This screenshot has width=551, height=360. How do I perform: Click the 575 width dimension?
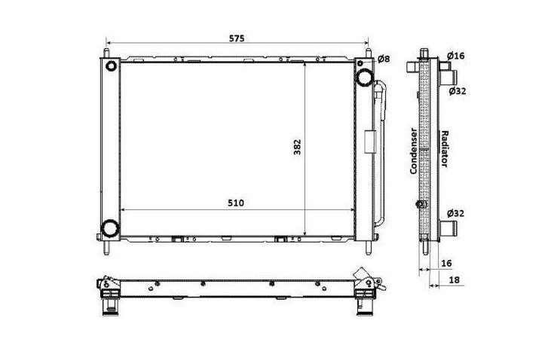coord(237,38)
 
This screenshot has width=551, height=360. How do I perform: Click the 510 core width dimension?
coord(236,203)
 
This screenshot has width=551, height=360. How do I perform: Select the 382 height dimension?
coord(297,147)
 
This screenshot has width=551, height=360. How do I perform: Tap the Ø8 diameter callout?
coord(384,59)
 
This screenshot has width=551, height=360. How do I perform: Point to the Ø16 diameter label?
coord(456,56)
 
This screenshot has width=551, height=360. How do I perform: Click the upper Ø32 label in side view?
coord(458,91)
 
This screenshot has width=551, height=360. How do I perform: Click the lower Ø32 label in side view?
coord(456,213)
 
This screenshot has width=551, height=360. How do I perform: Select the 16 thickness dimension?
coord(446,263)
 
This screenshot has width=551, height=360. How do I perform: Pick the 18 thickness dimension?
coord(455,279)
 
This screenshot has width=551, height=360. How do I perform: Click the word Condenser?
coord(414,151)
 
